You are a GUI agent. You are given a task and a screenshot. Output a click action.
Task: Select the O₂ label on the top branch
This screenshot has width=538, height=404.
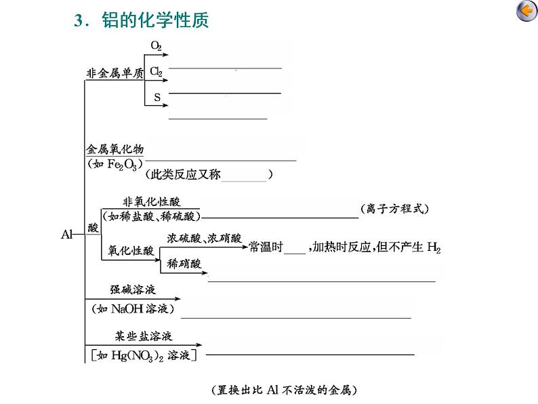(x=156, y=46)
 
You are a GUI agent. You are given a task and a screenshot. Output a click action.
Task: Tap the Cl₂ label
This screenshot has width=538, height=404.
(x=156, y=71)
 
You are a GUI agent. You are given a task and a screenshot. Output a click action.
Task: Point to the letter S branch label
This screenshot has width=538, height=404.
(x=157, y=97)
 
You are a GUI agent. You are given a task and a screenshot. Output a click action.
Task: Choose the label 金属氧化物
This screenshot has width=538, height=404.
(x=115, y=148)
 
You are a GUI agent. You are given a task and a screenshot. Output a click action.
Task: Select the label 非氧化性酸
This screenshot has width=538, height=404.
(x=151, y=201)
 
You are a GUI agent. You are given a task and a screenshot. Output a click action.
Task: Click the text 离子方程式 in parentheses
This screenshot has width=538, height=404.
(x=395, y=209)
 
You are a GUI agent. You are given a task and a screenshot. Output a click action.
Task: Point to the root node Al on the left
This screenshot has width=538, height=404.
(x=67, y=235)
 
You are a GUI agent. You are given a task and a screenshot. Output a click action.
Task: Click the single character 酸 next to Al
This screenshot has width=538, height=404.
(x=94, y=228)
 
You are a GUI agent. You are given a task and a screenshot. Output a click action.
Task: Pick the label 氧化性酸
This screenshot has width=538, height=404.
(x=131, y=250)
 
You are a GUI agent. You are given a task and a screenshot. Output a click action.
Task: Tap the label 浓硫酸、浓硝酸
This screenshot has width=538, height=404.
(x=204, y=238)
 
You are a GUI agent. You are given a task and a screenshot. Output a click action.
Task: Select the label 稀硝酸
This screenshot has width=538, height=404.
(x=184, y=263)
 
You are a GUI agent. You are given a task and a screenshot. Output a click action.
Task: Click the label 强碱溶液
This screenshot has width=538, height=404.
(x=133, y=289)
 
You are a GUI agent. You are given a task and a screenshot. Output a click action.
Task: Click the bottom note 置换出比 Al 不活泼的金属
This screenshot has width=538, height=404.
(x=284, y=390)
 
